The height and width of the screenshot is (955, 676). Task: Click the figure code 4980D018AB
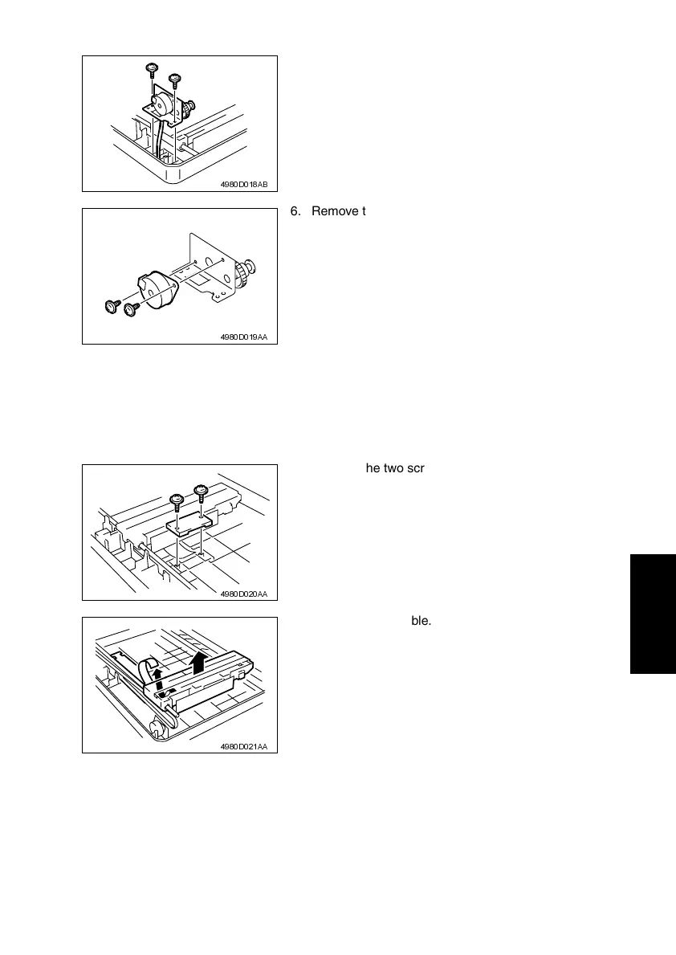pyautogui.click(x=244, y=184)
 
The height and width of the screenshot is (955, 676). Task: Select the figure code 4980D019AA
pyautogui.click(x=244, y=337)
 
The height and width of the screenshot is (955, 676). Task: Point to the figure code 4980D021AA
pyautogui.click(x=244, y=746)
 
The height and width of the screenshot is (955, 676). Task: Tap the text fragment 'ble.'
pyautogui.click(x=421, y=620)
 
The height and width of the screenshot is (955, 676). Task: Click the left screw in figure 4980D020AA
pyautogui.click(x=177, y=502)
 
